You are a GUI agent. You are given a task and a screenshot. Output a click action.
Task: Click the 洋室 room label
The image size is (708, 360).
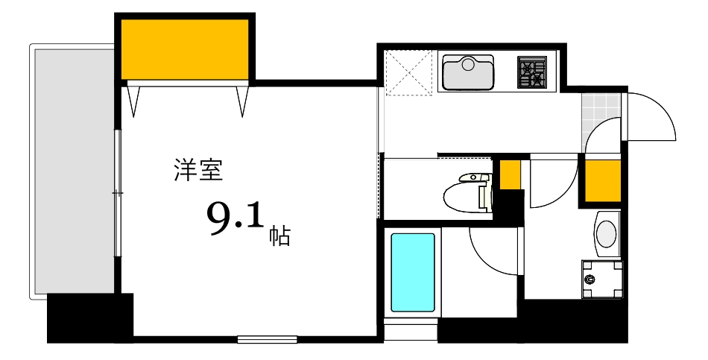pyautogui.click(x=198, y=171)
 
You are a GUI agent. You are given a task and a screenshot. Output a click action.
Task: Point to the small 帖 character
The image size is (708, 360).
pyautogui.click(x=279, y=236)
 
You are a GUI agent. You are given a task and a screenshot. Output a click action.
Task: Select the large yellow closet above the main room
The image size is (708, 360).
pyautogui.click(x=185, y=48)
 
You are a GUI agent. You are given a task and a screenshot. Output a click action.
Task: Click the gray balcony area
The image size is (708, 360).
pyautogui.click(x=73, y=171)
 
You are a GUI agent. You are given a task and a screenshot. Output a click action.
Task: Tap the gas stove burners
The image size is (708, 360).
pyautogui.click(x=532, y=72)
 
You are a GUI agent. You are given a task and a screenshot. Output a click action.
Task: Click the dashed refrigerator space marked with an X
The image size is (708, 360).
pyautogui.click(x=408, y=72)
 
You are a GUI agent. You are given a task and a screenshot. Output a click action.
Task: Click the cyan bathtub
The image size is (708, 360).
pyautogui.click(x=413, y=272)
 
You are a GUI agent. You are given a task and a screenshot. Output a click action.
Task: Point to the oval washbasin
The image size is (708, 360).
pyautogui.click(x=607, y=232)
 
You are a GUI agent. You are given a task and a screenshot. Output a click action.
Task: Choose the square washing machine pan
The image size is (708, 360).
pyautogui.click(x=602, y=279)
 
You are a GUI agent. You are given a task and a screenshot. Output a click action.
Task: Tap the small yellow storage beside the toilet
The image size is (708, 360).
pyautogui.click(x=510, y=174)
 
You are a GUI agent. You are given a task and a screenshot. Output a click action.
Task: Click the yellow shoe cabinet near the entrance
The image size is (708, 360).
pyautogui.click(x=602, y=180)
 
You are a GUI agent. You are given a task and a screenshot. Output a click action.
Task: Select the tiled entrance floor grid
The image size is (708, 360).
pyautogui.click(x=601, y=111)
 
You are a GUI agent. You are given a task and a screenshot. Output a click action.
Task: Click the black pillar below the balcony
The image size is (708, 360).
pyautogui.click(x=89, y=318)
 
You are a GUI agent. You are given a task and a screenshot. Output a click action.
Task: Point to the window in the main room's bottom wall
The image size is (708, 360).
pyautogui.click(x=267, y=340)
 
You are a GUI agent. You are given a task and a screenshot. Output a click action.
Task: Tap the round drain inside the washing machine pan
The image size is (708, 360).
pyautogui.click(x=590, y=280)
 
